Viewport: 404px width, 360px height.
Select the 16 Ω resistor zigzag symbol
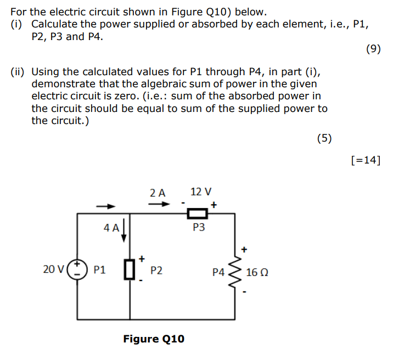(237, 271)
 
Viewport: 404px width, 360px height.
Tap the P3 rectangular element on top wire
(199, 213)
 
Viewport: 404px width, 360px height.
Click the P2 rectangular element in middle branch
(130, 270)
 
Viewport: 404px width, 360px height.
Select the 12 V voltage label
(200, 192)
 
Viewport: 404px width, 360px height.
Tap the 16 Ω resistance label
(257, 272)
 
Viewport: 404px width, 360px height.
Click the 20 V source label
(53, 269)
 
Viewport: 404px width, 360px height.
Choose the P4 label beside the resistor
(219, 272)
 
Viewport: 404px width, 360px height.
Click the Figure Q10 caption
(154, 339)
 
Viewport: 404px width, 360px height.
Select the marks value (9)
(373, 49)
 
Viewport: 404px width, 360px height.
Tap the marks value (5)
(324, 138)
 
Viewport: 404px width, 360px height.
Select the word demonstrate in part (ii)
(62, 84)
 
